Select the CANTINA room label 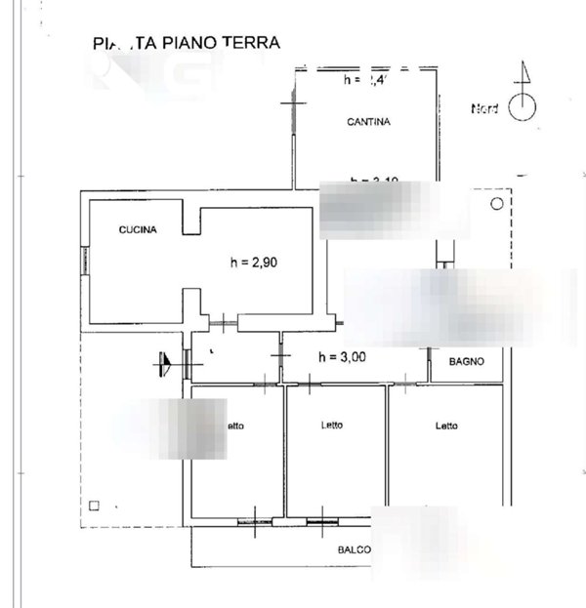coord(368,122)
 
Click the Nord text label coord(484,108)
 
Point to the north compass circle coord(523,107)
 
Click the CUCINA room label coord(138,230)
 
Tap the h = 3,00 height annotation coord(343,357)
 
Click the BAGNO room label coord(468,362)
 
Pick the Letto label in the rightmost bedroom coord(446,425)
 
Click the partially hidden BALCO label coord(354,550)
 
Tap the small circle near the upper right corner coord(496,204)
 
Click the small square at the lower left coord(94,505)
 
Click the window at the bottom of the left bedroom coord(253,521)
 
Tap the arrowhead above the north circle coord(523,73)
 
